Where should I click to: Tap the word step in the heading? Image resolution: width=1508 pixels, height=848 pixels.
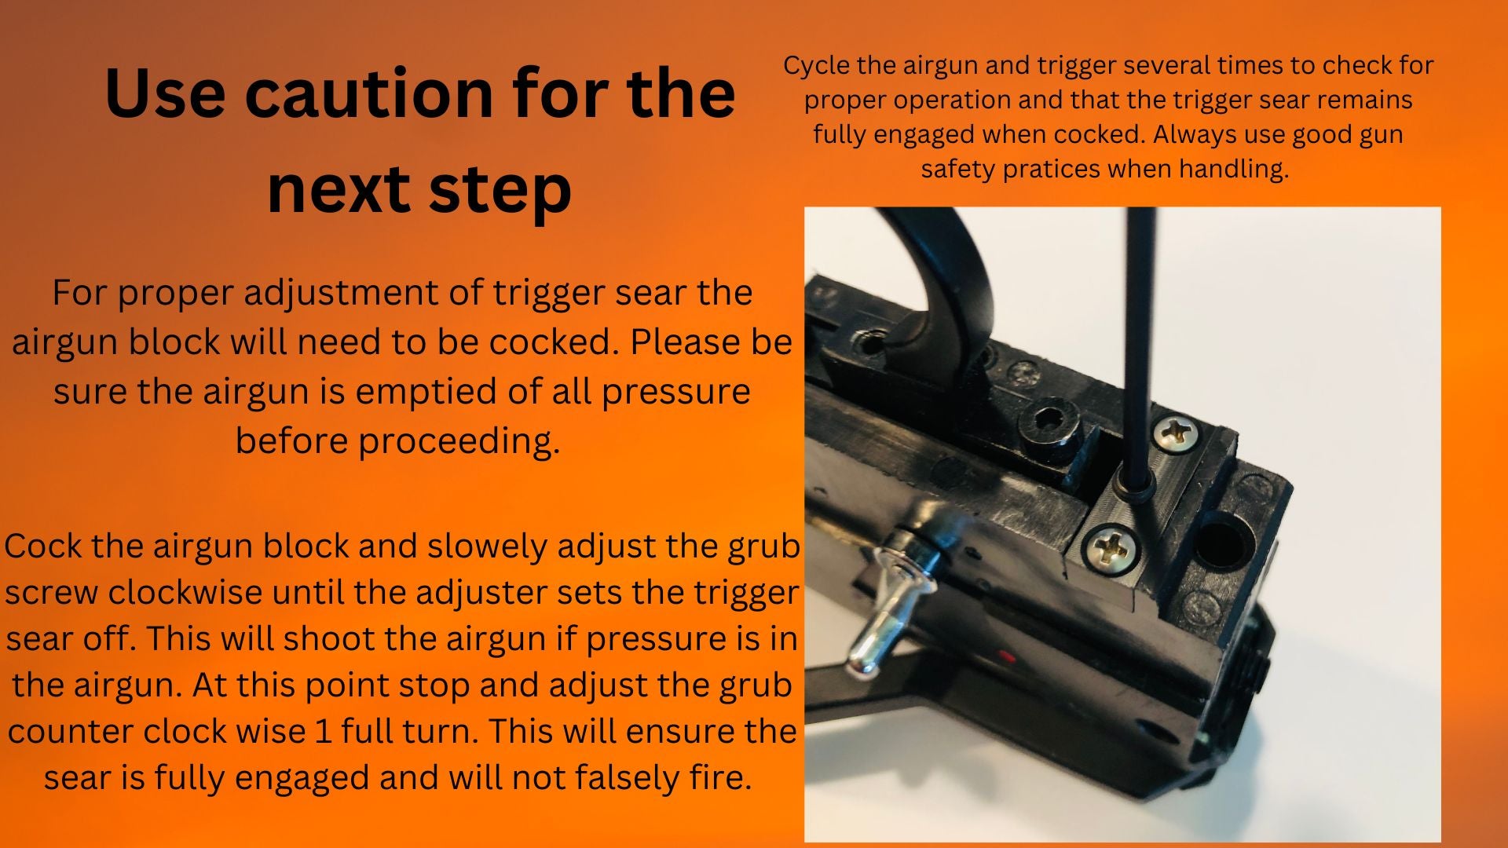tap(500, 192)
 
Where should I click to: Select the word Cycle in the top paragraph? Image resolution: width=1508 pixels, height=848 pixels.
tap(817, 66)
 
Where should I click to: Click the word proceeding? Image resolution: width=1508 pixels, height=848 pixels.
tap(459, 441)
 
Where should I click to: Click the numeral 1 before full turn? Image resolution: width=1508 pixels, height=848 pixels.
tap(323, 732)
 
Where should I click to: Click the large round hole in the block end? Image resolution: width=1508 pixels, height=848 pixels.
tap(1219, 541)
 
